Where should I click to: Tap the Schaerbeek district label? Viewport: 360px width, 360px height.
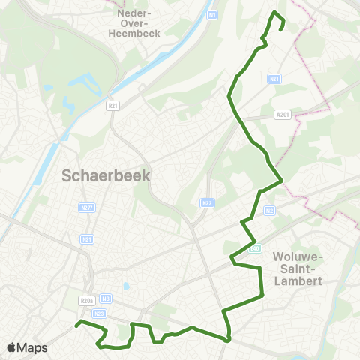click(x=106, y=176)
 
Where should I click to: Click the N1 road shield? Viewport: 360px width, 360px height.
click(x=212, y=14)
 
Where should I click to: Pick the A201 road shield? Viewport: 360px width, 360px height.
click(x=281, y=115)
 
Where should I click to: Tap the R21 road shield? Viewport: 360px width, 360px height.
click(x=274, y=78)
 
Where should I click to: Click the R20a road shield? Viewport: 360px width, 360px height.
click(x=85, y=301)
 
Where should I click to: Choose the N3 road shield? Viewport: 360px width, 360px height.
click(x=106, y=297)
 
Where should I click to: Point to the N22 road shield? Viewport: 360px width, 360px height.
click(x=208, y=202)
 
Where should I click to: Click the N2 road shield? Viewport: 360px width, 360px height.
click(x=269, y=211)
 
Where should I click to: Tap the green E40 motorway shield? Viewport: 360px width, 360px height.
click(x=254, y=248)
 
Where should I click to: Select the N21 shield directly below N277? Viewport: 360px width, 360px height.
click(x=86, y=238)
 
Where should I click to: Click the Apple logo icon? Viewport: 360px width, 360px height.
click(x=10, y=347)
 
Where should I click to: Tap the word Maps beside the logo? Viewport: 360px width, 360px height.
click(x=32, y=347)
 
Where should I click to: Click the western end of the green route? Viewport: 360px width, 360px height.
click(x=76, y=325)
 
